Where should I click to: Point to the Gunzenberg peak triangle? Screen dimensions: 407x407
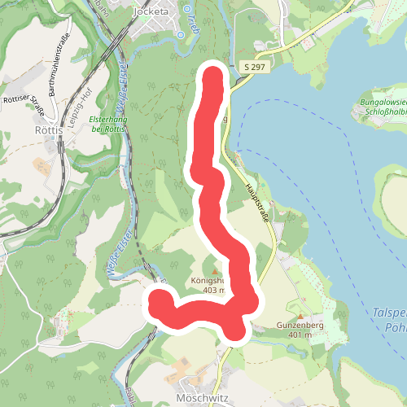300,315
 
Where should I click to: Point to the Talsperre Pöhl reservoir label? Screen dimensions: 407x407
388,317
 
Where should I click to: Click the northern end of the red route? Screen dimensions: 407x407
212,75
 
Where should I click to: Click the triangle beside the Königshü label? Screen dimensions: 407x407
214,271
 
